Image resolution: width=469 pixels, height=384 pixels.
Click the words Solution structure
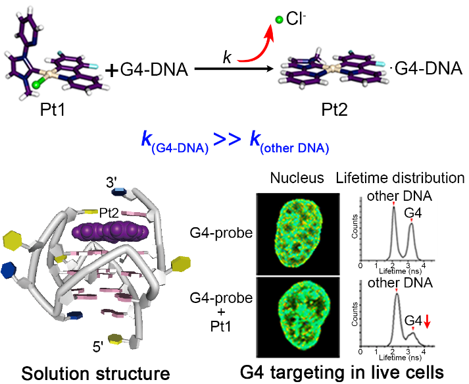pyautogui.click(x=95, y=373)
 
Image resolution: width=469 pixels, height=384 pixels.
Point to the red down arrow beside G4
pyautogui.click(x=427, y=321)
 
